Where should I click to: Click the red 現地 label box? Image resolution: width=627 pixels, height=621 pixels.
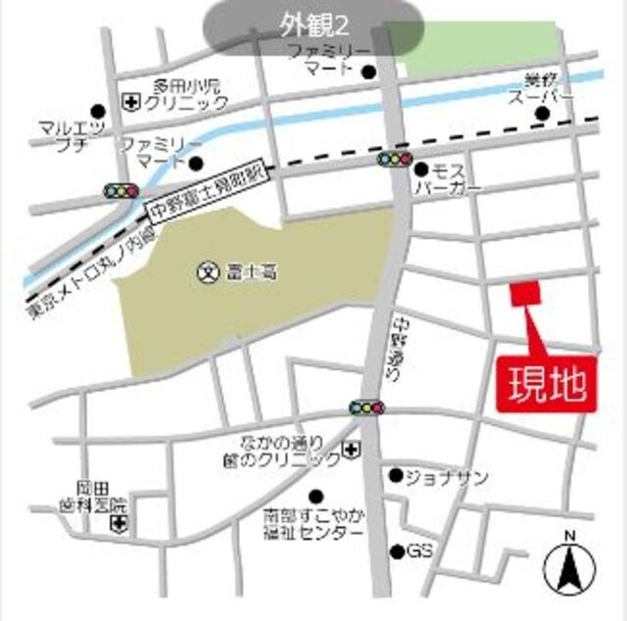click(547, 383)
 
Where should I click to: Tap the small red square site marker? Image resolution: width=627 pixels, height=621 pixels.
click(525, 293)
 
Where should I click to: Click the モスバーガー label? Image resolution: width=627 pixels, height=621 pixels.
click(448, 177)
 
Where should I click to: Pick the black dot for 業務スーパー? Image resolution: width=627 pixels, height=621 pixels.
click(542, 115)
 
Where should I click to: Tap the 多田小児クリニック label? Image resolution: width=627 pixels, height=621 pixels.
click(187, 93)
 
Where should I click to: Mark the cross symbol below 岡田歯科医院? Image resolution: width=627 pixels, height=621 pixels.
click(119, 527)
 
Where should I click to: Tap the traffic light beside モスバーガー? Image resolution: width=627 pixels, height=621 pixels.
click(396, 159)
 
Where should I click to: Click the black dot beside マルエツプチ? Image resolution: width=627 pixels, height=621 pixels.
click(97, 112)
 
